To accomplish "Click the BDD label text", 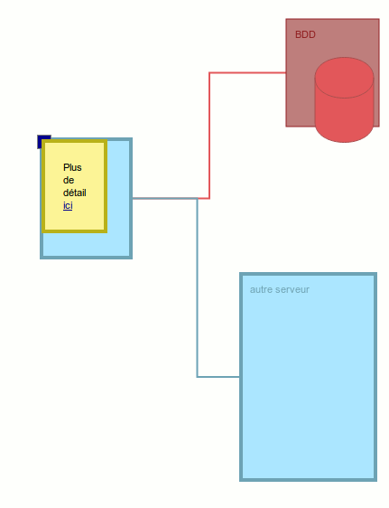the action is pos(305,34).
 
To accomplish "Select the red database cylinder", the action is pos(344,99).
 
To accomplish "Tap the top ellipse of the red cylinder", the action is pos(344,78).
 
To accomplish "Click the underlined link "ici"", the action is pos(68,206).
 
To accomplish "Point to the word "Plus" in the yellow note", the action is pos(72,167).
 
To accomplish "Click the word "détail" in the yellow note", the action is pos(75,193).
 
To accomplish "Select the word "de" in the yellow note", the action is pos(69,180).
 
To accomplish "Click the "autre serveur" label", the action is pos(280,289).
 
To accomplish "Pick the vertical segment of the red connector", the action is pos(209,136).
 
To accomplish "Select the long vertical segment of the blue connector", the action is pos(198,287).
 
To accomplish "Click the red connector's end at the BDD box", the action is pos(285,73).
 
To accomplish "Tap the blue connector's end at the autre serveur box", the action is pos(239,377).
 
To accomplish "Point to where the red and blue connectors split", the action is pos(198,198).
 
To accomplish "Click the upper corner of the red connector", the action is pos(209,73).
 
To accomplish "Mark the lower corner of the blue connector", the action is pos(198,377).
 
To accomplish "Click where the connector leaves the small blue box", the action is pos(133,198).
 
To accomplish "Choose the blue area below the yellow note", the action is pos(86,244).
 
